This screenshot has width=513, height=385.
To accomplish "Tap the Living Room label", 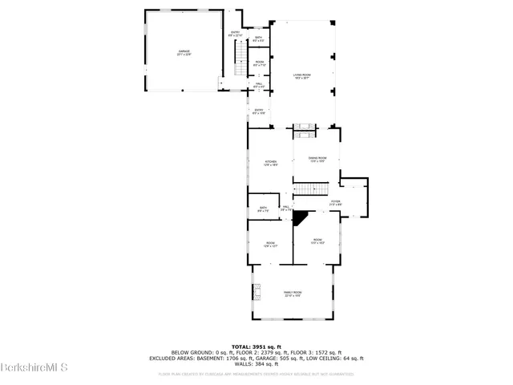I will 301,75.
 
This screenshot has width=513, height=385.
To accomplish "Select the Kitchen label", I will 271,163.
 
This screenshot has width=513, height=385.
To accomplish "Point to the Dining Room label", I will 317,160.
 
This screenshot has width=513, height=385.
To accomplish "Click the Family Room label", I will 293,294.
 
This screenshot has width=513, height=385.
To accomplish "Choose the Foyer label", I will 336,202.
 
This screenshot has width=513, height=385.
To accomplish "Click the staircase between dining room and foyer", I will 305,190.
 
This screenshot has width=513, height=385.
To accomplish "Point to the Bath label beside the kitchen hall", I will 262,209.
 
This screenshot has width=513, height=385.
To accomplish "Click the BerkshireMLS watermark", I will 23,368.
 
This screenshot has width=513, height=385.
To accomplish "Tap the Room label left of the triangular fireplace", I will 271,245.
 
